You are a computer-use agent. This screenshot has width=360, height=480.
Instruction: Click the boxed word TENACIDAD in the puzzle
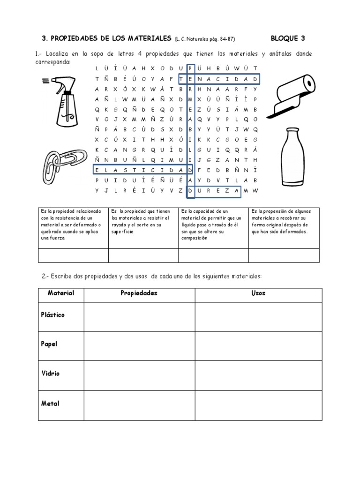(219, 79)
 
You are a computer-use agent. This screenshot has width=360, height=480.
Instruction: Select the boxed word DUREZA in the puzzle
(214, 191)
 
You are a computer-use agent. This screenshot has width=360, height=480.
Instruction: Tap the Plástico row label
(52, 315)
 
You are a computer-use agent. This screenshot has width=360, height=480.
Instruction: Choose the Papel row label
(49, 344)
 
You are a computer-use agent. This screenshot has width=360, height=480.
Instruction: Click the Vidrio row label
(51, 374)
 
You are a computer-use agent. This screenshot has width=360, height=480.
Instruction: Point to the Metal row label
(50, 403)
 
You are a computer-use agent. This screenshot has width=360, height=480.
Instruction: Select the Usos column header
(258, 293)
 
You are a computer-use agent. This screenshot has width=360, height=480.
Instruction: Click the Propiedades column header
(139, 293)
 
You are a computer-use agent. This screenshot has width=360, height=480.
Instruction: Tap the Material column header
(61, 293)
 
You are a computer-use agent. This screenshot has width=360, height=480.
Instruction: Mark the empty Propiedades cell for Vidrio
(139, 375)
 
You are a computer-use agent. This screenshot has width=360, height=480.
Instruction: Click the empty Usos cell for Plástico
(258, 317)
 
